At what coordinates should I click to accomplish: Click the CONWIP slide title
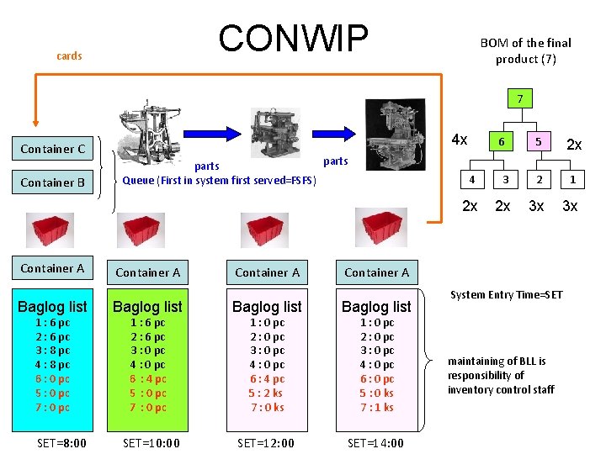coord(293,38)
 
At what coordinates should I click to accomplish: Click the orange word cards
coord(69,56)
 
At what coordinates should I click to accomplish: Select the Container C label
coord(53,149)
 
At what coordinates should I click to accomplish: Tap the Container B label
coord(53,182)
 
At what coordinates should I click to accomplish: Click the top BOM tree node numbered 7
coord(521,99)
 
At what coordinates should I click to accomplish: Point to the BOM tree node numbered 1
coord(572,179)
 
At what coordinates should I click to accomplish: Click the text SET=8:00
coord(62,443)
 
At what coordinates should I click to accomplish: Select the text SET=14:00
coord(375,443)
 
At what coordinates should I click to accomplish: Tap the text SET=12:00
coord(266,443)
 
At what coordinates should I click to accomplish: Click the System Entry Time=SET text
coord(507,294)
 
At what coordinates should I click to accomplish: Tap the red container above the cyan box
coord(52,230)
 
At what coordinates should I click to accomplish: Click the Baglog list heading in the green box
coord(147,307)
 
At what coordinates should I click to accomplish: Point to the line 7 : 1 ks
coord(376,408)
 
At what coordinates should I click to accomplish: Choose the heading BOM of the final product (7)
coord(525,50)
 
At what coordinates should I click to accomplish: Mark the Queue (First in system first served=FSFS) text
coord(219,179)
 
